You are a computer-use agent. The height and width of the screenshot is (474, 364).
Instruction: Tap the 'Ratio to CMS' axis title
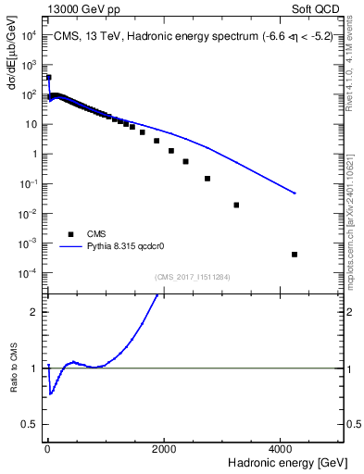14,393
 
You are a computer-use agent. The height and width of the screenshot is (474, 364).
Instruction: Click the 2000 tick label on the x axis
165,447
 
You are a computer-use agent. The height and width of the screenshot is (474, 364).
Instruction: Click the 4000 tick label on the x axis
282,447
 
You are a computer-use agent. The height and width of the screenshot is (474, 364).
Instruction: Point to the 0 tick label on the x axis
47,447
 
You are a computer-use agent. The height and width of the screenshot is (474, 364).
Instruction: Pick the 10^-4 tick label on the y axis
28,273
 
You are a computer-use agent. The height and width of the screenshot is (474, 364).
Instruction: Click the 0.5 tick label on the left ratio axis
29,424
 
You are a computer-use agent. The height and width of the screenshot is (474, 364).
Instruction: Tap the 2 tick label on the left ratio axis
33,311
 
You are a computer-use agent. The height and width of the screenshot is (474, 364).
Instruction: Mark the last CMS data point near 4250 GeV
295,255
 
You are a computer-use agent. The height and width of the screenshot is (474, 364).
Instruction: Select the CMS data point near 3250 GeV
236,205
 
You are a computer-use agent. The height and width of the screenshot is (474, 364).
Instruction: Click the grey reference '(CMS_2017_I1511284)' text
193,275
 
